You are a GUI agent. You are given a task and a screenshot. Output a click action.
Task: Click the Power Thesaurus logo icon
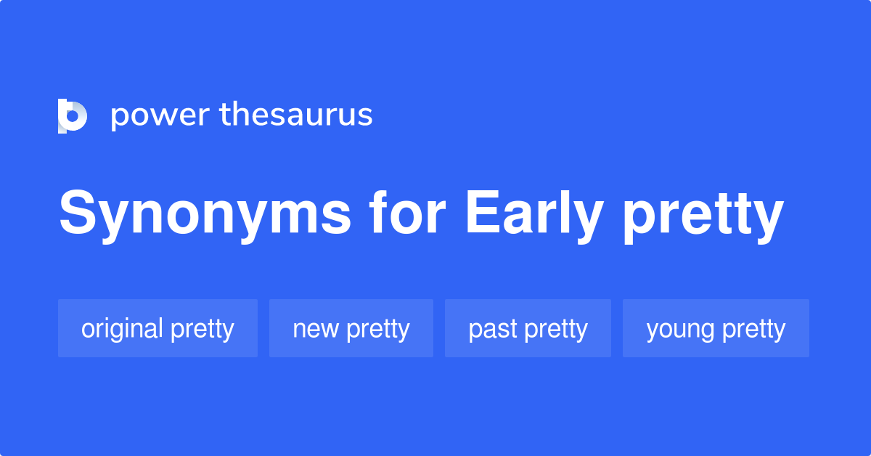[x=73, y=115]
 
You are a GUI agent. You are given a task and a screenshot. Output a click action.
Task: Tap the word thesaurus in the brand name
[x=296, y=115]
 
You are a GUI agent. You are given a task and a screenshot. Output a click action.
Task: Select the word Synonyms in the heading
[x=205, y=214]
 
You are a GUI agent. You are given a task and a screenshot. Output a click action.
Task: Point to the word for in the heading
[x=406, y=214]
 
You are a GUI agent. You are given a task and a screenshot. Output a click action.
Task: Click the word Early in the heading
[x=534, y=214]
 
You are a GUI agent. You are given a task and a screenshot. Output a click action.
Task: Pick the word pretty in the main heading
[x=703, y=214]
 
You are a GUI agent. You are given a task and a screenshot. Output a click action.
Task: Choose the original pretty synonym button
[x=158, y=329]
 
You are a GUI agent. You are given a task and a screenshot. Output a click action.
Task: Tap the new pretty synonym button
[x=351, y=329]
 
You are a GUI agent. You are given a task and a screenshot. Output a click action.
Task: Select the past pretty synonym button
[x=528, y=329]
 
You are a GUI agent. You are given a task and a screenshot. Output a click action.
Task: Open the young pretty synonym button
[x=716, y=329]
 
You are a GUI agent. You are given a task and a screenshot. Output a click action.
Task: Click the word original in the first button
[x=122, y=329]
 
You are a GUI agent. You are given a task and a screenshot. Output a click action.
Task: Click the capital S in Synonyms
[x=78, y=213]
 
